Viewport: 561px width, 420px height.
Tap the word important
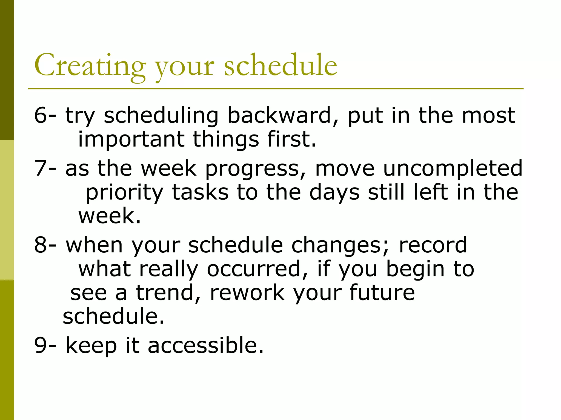click(x=131, y=139)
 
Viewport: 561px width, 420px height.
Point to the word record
click(x=433, y=245)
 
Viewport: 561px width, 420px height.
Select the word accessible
click(x=205, y=345)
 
